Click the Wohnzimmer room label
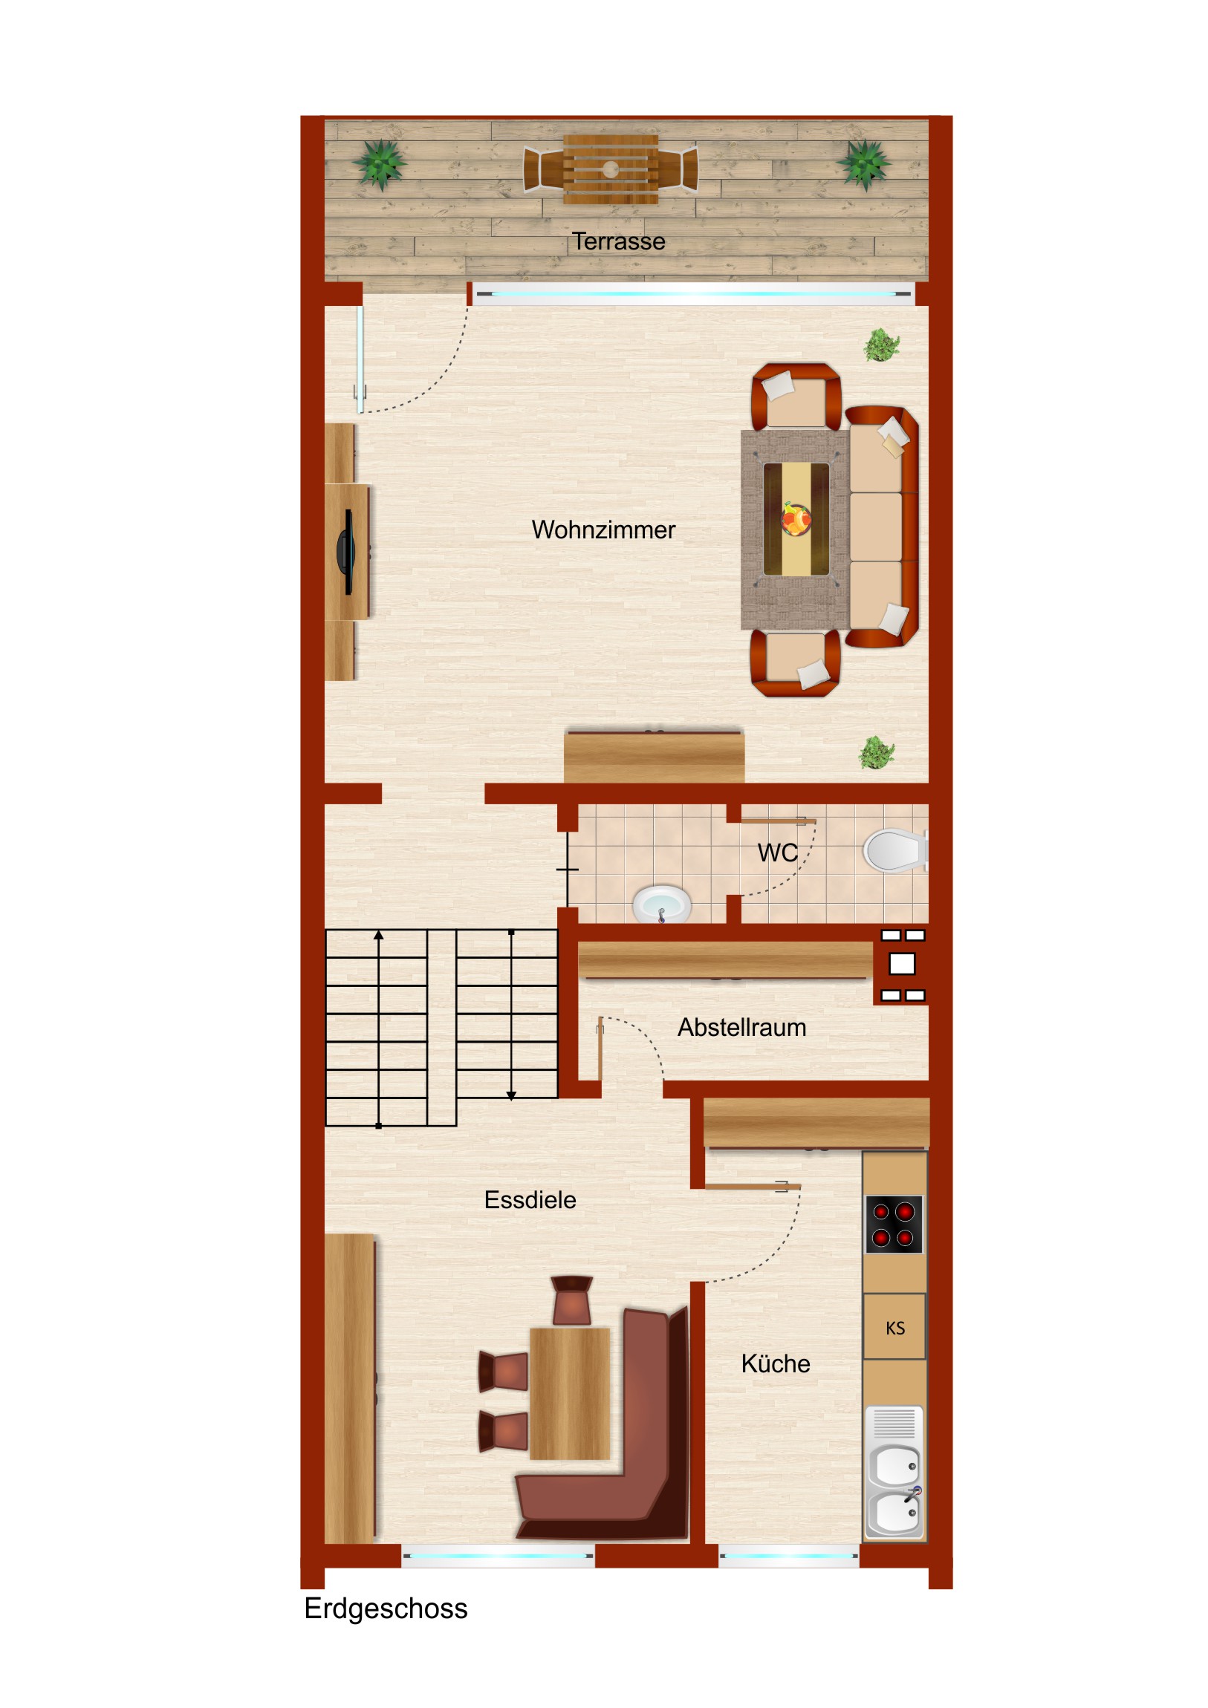coord(603,529)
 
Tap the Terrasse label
coord(618,241)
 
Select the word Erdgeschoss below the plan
coord(386,1608)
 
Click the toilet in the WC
coord(894,850)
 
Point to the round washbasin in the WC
coord(662,904)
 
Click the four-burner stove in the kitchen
coord(893,1224)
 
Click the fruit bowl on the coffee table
coord(796,519)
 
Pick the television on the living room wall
coord(346,552)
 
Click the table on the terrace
coord(611,169)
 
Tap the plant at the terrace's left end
coord(380,163)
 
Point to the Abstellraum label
coord(741,1027)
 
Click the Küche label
coord(776,1363)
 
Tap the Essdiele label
coord(530,1200)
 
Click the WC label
coord(777,853)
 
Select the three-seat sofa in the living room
coord(882,526)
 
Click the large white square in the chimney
coord(901,964)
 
